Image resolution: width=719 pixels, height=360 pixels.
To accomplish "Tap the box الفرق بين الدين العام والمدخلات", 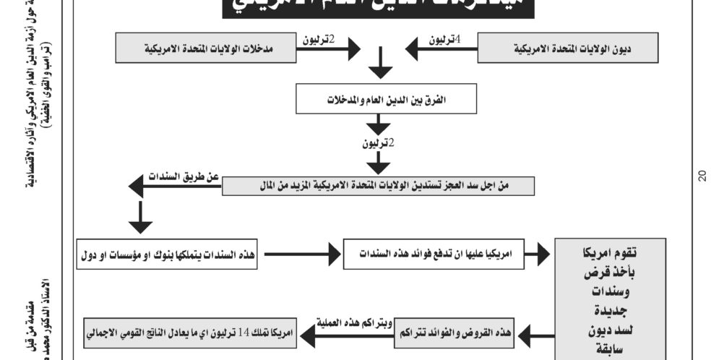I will pos(380,100).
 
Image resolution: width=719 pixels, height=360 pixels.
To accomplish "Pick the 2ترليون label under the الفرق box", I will pos(379,142).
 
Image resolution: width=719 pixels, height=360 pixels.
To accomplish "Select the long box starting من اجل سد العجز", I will pos(377,187).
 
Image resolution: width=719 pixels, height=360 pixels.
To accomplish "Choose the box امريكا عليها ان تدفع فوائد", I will pos(432,254).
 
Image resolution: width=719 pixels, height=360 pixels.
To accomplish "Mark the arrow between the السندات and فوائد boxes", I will pos(301,254).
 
